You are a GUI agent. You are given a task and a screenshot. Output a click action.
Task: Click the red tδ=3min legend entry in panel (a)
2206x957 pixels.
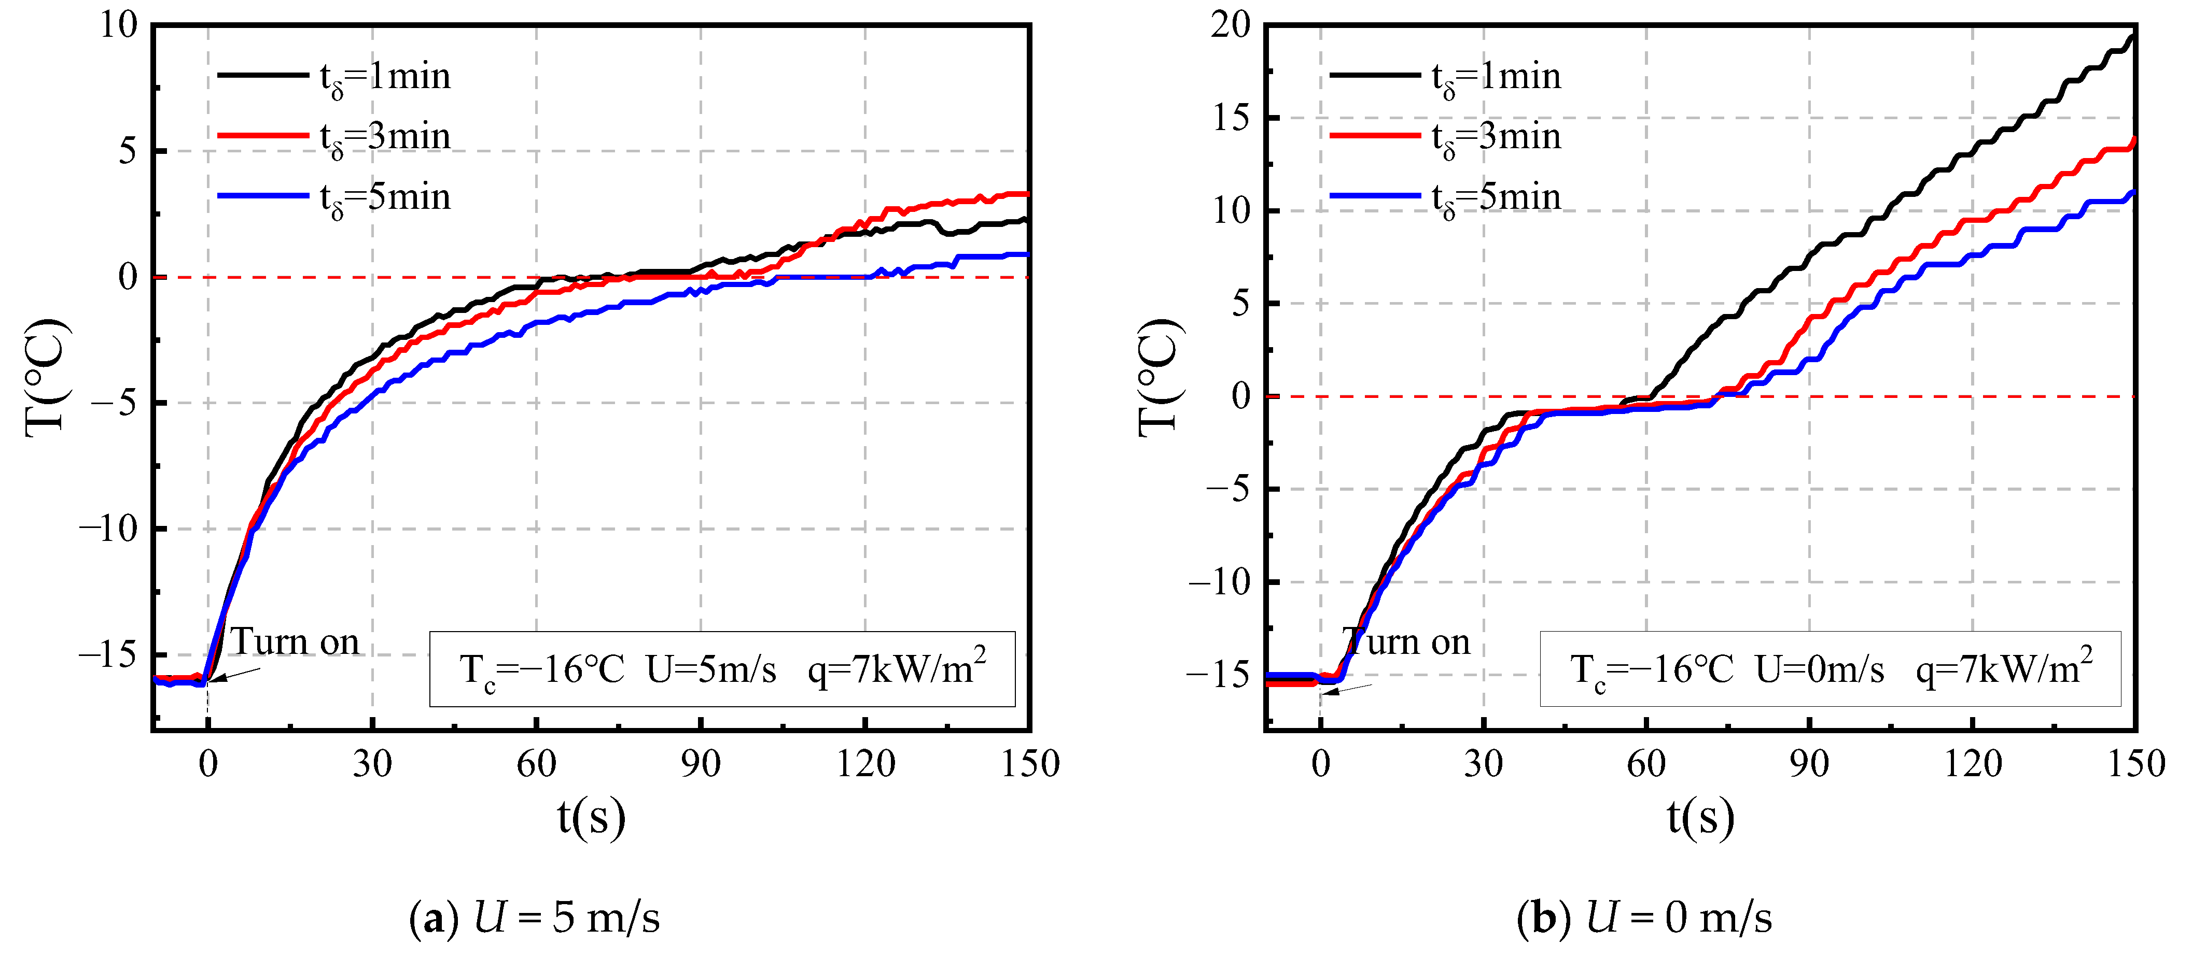334,137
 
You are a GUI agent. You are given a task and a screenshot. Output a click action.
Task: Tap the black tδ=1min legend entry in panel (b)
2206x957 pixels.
1447,77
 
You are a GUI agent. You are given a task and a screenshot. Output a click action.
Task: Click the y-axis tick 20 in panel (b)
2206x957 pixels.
1231,26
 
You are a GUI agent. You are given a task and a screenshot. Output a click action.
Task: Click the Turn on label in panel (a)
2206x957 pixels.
296,642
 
